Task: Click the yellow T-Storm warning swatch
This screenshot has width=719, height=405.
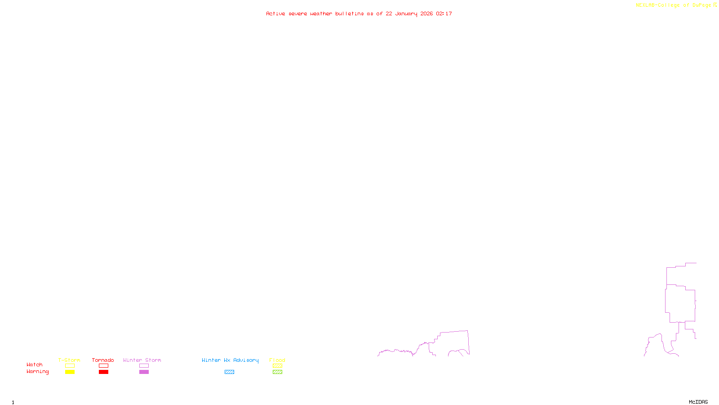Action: point(70,372)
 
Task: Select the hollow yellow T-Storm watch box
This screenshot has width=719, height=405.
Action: point(70,366)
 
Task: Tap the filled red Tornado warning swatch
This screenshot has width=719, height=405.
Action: point(104,372)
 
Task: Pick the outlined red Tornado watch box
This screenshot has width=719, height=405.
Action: point(104,366)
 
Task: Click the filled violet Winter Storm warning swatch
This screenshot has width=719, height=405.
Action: point(144,372)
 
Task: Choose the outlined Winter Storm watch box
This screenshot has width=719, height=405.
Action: point(144,366)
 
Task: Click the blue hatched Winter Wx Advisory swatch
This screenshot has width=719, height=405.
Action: point(229,372)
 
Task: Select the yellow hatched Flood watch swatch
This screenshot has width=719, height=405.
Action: point(277,366)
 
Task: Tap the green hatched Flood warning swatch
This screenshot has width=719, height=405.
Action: point(277,372)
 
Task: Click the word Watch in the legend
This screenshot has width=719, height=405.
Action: point(35,365)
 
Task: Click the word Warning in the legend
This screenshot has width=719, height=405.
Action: point(37,372)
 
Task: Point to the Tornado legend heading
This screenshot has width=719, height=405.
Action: point(103,360)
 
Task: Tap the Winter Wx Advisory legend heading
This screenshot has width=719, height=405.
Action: point(230,360)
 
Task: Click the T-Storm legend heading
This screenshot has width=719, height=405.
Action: point(69,360)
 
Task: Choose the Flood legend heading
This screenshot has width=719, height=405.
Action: point(277,360)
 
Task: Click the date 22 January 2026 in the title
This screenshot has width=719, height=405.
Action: point(409,13)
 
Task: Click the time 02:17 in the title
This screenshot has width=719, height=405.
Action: point(444,13)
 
